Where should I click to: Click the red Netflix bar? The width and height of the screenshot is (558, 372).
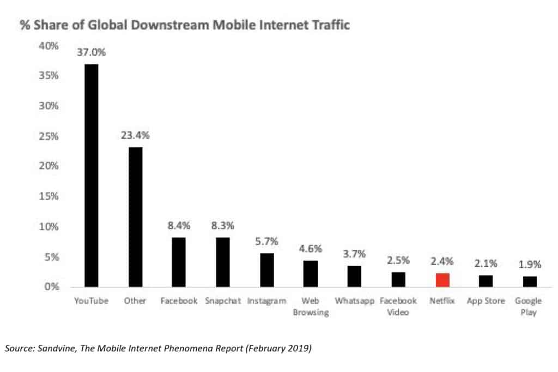pos(442,280)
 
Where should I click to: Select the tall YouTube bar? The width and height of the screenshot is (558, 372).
pos(92,175)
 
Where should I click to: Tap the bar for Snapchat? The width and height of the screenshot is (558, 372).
pos(223,262)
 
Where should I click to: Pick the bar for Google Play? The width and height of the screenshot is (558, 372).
pos(530,281)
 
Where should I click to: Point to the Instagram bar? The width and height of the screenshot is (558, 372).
pos(267,270)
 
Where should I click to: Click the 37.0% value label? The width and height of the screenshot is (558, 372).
pos(92,52)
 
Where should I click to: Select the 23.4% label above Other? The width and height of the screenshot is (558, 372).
pos(135,135)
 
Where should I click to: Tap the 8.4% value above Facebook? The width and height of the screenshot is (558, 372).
pos(179,226)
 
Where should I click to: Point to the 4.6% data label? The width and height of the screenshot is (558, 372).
pos(311,249)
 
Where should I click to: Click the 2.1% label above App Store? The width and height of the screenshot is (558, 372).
pos(486,263)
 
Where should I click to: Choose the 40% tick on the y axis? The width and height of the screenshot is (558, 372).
pos(48,46)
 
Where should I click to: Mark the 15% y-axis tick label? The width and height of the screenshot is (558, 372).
pos(48,196)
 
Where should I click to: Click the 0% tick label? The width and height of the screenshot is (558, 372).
pos(52,287)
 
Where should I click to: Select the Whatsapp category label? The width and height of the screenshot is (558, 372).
pos(354,301)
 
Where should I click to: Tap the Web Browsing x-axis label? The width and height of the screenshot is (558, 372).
pos(311,307)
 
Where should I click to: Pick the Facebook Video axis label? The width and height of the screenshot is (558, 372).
pos(398,307)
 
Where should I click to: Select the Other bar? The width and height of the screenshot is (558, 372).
pos(136,217)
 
